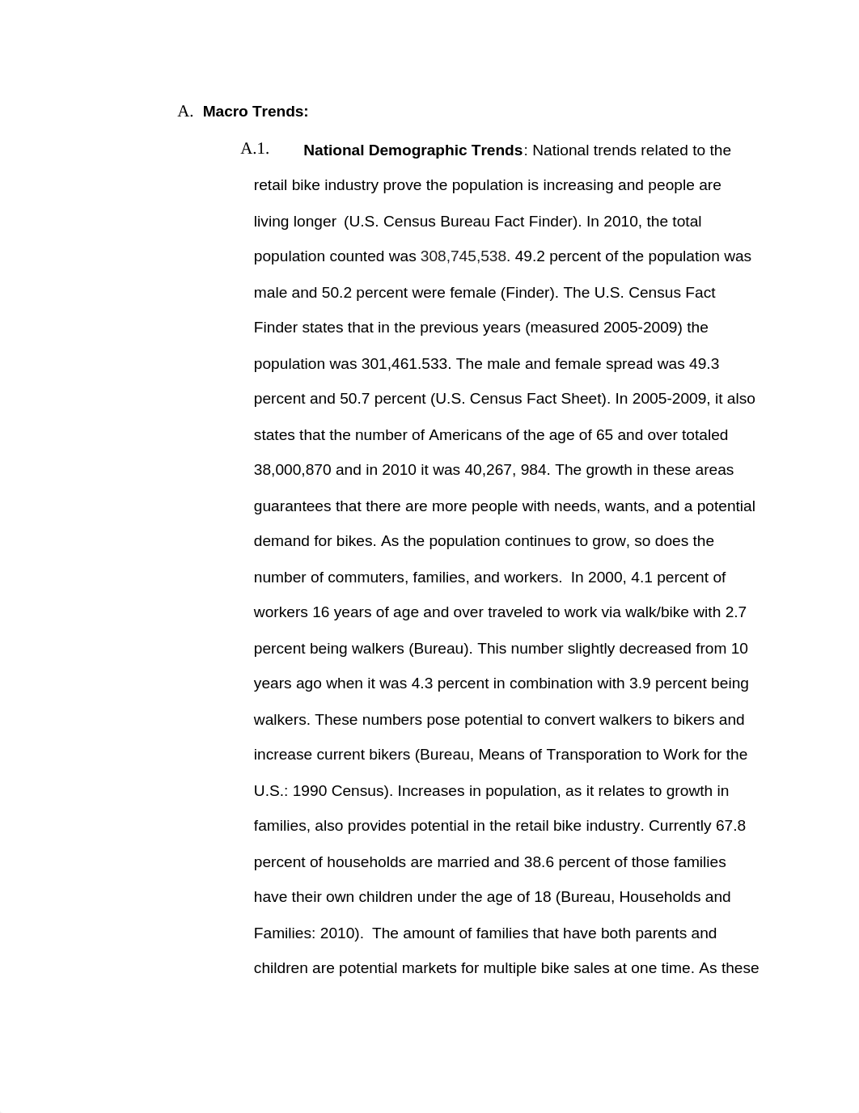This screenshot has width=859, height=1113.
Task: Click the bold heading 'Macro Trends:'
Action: point(255,112)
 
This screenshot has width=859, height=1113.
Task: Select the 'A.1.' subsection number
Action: point(255,149)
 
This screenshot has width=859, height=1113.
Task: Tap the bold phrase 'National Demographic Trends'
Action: point(413,150)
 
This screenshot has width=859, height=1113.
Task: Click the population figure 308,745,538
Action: point(463,256)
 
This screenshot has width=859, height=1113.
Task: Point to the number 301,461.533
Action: point(404,364)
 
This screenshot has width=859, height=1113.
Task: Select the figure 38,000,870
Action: point(292,470)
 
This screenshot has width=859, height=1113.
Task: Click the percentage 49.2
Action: point(531,256)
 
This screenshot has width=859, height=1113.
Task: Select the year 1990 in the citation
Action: point(309,791)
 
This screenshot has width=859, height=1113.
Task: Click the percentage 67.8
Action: point(730,826)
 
